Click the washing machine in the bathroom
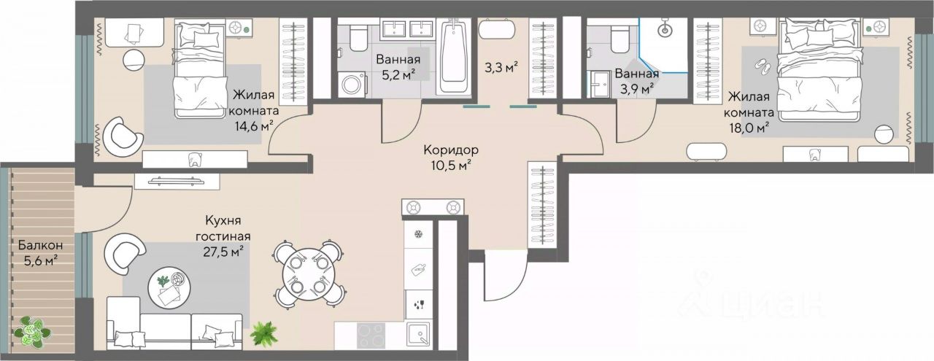[352, 84]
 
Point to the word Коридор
[450, 150]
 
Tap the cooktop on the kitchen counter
[371, 341]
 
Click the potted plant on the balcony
[32, 331]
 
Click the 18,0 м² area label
[748, 128]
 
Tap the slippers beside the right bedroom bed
[763, 66]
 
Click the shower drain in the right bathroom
[664, 30]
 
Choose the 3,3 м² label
[501, 67]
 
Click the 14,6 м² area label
[252, 126]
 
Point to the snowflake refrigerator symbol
[417, 234]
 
